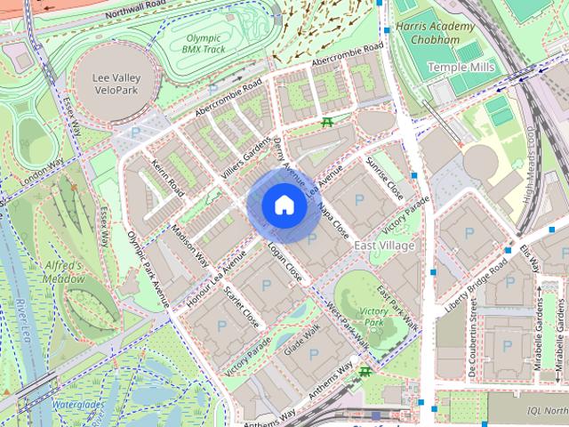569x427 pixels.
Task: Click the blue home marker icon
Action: [284, 205]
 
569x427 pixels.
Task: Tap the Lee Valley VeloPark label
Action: [116, 84]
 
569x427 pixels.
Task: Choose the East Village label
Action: [384, 244]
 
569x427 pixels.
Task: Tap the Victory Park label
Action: [376, 317]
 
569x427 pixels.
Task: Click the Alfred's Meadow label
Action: [62, 272]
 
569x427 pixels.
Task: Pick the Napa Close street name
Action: [333, 218]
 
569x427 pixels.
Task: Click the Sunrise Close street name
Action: [384, 178]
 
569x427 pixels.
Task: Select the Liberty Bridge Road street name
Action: [477, 287]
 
